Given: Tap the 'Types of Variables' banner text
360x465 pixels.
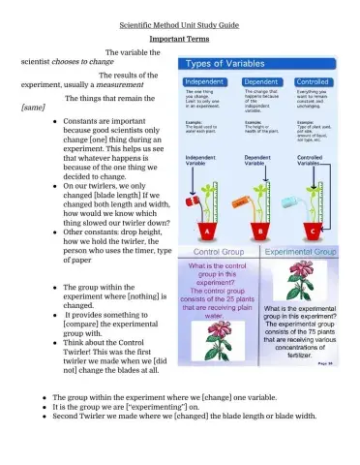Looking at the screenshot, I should pyautogui.click(x=230, y=64).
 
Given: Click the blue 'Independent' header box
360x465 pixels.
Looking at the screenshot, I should pyautogui.click(x=203, y=81).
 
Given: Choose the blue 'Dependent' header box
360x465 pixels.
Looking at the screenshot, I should pyautogui.click(x=258, y=81).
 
